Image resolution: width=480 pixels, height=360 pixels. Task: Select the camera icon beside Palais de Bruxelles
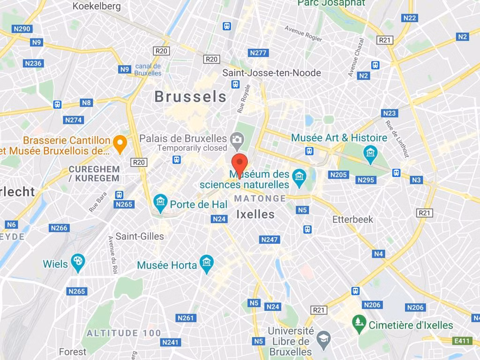(x=237, y=139)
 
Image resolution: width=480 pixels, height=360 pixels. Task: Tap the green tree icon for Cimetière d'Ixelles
(x=360, y=323)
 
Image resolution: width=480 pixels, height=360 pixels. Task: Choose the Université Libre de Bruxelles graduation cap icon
(x=323, y=338)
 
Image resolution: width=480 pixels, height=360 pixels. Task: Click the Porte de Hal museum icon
(x=160, y=202)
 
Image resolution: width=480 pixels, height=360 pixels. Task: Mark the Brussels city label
(x=190, y=97)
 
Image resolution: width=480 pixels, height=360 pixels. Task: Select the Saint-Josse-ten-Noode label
(x=271, y=73)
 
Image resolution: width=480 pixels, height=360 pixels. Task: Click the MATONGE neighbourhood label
(x=260, y=198)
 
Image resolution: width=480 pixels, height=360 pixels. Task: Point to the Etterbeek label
(x=352, y=219)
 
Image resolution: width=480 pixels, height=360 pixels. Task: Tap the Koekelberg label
(x=97, y=6)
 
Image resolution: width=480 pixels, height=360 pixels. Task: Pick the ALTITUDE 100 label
(x=124, y=333)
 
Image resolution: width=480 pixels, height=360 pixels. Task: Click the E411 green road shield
(x=462, y=341)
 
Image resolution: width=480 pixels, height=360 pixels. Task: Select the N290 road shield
(x=22, y=29)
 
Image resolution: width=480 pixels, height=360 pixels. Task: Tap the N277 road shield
(x=258, y=52)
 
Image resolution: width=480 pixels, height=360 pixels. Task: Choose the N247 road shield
(x=270, y=240)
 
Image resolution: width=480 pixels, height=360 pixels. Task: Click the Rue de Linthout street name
(x=397, y=138)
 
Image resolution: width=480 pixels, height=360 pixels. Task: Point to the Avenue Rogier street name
(x=303, y=33)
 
